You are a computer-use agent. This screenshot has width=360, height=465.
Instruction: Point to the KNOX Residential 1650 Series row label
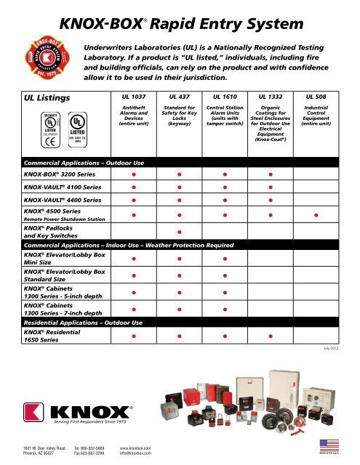coord(52,336)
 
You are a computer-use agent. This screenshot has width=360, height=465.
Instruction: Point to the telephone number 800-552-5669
coord(96,448)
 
